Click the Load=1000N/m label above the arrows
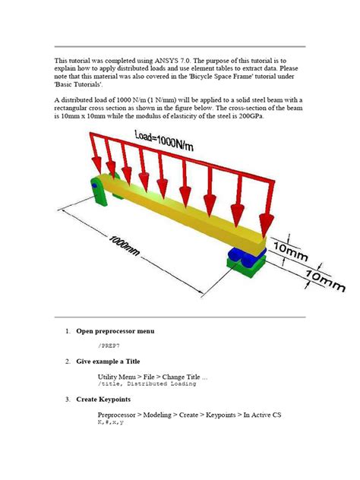tap(172, 141)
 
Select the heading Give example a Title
tap(118, 361)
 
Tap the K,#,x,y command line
tap(110, 422)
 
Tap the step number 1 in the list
tap(67, 331)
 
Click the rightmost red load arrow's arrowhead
tap(265, 223)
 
